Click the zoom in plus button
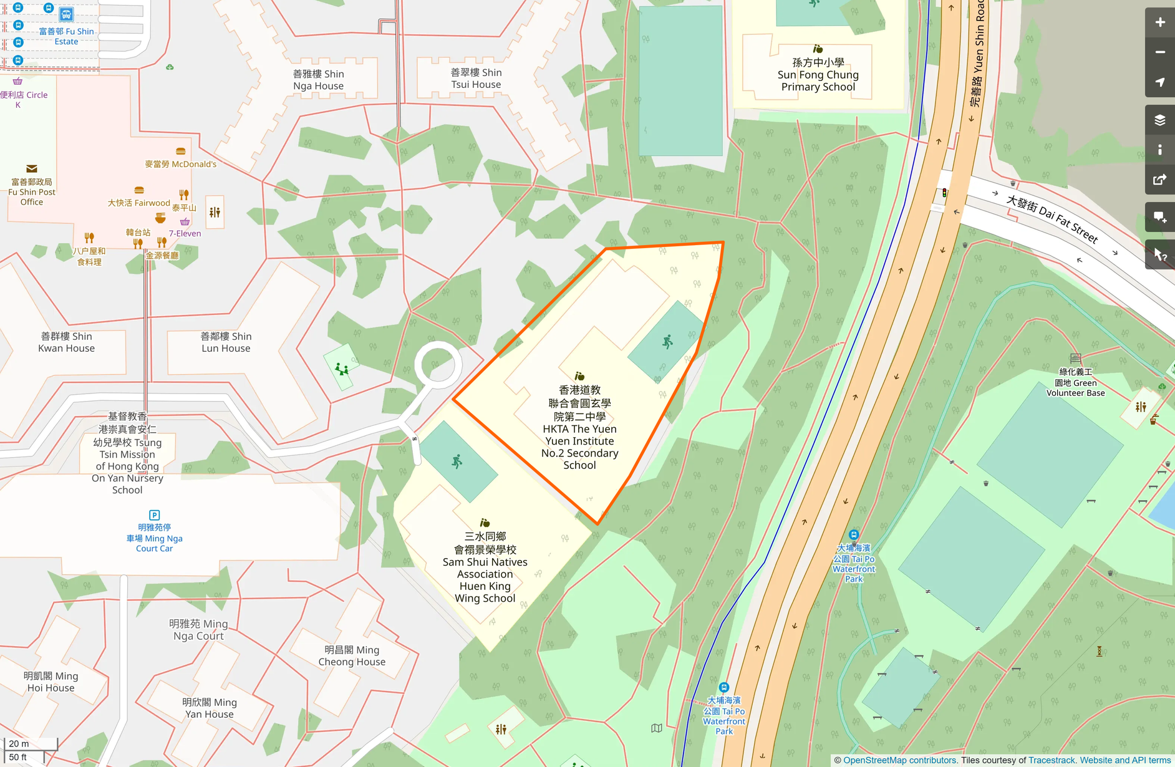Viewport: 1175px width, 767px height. pos(1159,22)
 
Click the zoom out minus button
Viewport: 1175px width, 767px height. pos(1159,52)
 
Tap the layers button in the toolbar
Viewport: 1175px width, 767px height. pos(1159,120)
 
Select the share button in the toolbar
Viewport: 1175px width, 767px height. pos(1159,180)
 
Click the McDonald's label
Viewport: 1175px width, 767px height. pos(181,164)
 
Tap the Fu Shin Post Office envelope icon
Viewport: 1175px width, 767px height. pos(32,169)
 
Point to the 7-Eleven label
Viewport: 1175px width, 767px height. pos(185,233)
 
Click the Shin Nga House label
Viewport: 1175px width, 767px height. pos(319,80)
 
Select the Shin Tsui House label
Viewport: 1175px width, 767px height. pos(476,79)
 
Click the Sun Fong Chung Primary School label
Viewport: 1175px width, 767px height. pos(818,75)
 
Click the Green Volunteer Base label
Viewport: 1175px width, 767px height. pos(1075,383)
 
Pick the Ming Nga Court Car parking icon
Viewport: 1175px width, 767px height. pos(155,515)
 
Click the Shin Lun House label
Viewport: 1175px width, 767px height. pos(226,342)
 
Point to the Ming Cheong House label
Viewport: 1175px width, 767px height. pos(352,656)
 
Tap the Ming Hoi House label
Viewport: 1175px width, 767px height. pos(51,682)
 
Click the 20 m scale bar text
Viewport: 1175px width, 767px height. pos(19,744)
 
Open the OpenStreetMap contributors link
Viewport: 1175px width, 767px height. pos(900,760)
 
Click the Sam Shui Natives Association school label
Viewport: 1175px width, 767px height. pos(485,567)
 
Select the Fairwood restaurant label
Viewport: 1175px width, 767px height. pos(138,203)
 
